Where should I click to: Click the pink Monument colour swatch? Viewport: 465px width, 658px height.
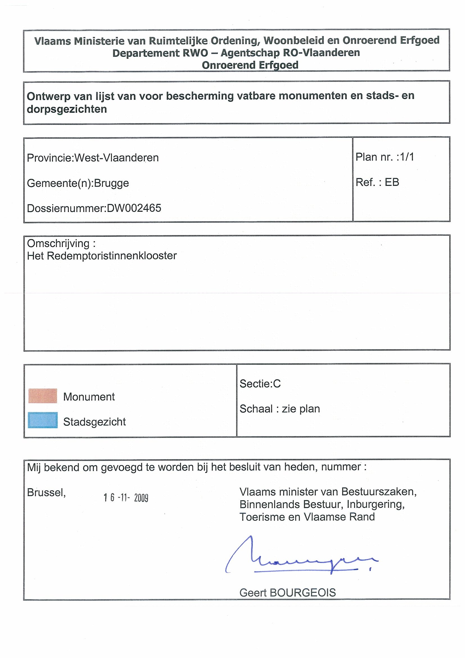43,396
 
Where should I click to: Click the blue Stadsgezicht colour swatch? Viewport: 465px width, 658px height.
43,420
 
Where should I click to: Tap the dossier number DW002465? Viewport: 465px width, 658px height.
134,208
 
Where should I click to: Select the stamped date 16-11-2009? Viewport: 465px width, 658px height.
126,498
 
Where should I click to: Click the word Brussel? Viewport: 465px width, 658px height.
46,492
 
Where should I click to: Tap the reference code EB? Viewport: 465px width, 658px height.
392,182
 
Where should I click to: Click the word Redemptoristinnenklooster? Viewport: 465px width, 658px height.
112,256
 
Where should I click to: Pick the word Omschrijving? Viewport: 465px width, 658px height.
58,243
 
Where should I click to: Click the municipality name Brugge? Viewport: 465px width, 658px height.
111,183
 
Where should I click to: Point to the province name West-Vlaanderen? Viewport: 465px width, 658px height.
117,158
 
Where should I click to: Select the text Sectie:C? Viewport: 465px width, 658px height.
260,384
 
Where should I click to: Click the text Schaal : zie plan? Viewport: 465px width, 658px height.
280,409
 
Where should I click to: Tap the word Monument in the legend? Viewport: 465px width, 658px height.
89,397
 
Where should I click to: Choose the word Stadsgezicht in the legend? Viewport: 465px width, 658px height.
94,422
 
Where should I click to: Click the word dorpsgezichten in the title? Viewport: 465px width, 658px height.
67,109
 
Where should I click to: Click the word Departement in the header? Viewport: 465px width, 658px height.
146,53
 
